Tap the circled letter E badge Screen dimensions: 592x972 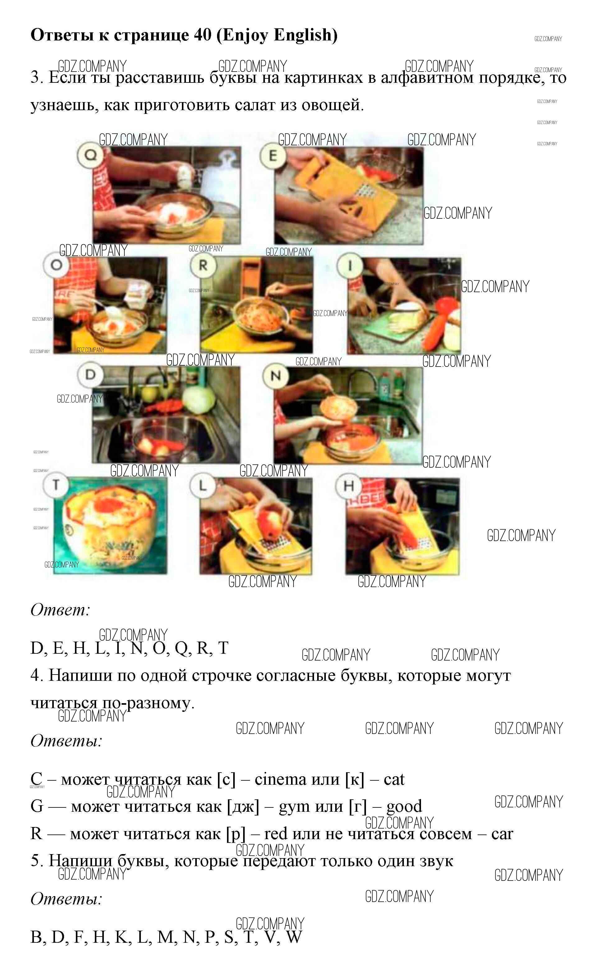tap(273, 156)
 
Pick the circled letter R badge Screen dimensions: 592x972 tap(203, 265)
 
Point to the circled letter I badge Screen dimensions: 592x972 tap(349, 265)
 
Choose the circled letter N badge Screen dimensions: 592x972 tap(276, 376)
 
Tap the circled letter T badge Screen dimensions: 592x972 tap(56, 485)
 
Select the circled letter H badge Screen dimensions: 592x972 tap(349, 486)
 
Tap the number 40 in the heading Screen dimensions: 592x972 tap(203, 35)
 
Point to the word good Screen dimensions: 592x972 tap(404, 806)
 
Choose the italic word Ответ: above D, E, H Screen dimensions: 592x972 tap(60, 610)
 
